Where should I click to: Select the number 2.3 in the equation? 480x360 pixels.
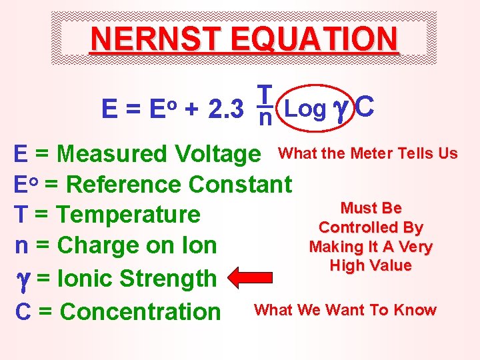(223, 109)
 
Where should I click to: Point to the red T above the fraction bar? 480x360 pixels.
(265, 95)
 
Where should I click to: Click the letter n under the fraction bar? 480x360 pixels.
(265, 119)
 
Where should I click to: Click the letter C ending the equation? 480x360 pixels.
(365, 107)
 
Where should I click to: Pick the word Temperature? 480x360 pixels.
(128, 215)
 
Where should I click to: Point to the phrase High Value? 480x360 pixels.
(371, 265)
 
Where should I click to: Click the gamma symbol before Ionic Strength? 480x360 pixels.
(23, 279)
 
